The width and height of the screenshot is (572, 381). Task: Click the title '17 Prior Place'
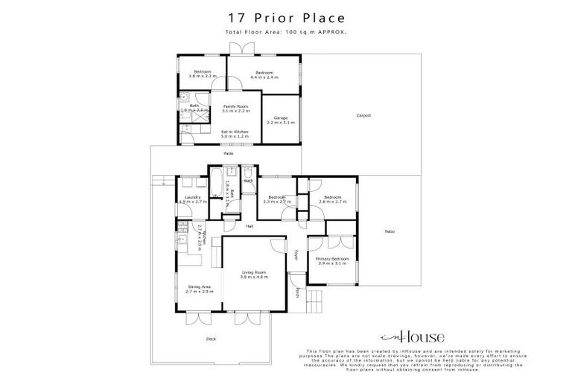point(285,16)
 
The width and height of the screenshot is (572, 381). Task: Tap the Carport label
point(363,115)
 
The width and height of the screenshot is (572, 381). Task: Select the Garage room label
point(281,120)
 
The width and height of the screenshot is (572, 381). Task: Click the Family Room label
point(236,109)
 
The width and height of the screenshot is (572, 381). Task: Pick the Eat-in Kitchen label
point(235,135)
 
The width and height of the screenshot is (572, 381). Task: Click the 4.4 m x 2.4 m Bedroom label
point(264,74)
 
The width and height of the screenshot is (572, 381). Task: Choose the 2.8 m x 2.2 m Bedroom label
point(201,74)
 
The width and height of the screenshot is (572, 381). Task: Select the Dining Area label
point(198,289)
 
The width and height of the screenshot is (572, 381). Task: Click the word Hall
point(250,226)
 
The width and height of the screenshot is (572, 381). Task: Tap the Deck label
point(212,339)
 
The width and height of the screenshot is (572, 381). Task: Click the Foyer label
point(295,255)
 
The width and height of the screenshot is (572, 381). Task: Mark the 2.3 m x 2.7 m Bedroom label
point(277,199)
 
